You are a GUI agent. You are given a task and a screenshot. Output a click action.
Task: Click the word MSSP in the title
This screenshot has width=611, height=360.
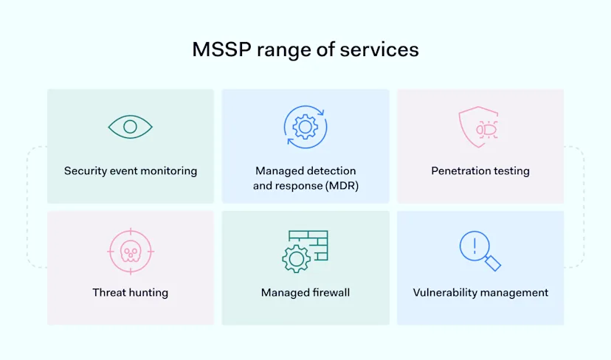220,49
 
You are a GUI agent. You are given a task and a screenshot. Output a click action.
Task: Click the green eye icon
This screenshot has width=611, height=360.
130,127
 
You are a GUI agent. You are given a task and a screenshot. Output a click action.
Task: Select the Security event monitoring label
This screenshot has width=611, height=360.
131,171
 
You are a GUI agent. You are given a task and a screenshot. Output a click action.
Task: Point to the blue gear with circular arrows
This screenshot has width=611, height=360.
305,126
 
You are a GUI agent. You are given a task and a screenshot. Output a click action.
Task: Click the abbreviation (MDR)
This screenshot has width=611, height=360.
342,186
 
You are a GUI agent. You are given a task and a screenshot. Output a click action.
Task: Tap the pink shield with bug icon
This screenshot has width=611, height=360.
479,128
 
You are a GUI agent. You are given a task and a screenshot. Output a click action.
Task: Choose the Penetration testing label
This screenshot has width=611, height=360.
480,171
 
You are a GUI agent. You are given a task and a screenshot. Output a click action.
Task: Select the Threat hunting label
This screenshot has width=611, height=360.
131,293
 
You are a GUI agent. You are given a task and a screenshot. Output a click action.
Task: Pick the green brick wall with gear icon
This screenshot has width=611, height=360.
305,251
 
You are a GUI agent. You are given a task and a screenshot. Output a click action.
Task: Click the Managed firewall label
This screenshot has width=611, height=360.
305,293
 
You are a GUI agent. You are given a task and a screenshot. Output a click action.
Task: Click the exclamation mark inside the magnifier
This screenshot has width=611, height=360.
474,243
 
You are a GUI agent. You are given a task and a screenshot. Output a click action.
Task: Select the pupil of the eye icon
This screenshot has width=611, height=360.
130,127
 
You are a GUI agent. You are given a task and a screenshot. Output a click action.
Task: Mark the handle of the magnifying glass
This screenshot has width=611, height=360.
493,263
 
